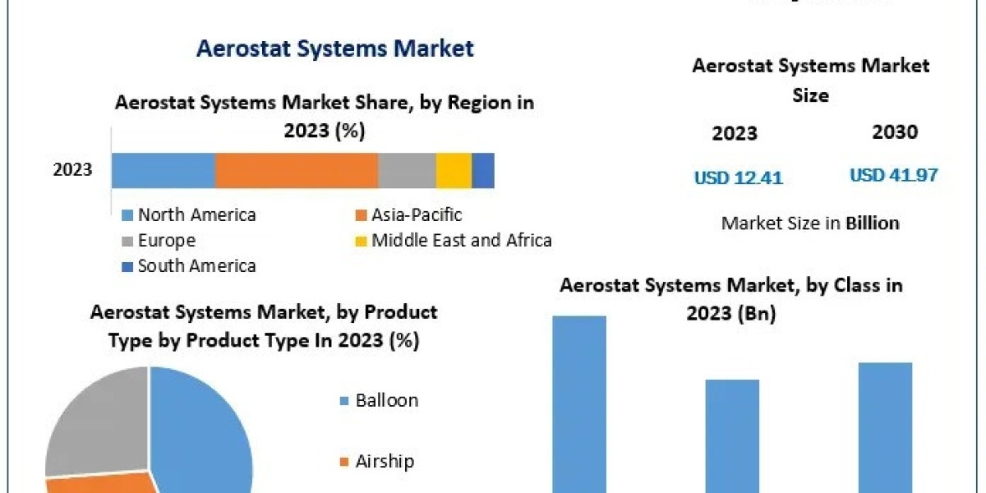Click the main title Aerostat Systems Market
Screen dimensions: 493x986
click(x=334, y=48)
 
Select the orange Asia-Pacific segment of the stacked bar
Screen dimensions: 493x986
click(x=296, y=170)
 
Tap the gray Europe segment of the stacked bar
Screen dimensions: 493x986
click(x=407, y=170)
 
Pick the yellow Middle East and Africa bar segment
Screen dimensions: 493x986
click(x=454, y=170)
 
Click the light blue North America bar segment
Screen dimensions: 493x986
click(x=163, y=170)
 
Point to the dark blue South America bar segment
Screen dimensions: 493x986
click(x=483, y=170)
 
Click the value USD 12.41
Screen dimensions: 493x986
click(x=738, y=177)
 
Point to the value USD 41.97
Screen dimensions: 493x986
click(x=893, y=175)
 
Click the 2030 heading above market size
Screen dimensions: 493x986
click(x=894, y=132)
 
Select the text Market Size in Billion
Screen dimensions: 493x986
click(x=810, y=223)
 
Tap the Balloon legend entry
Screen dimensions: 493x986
click(x=385, y=400)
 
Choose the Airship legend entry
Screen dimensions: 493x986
click(x=384, y=461)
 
